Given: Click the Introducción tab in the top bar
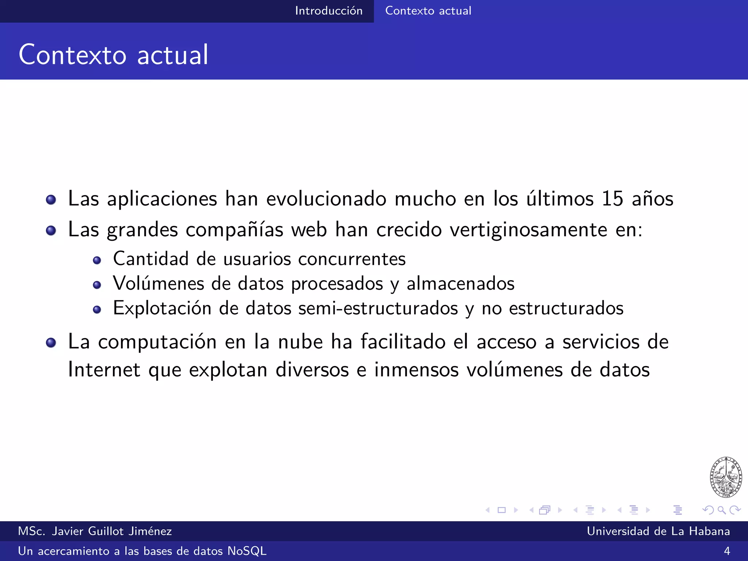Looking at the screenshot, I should pyautogui.click(x=329, y=11).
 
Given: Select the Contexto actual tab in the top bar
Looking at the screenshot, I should pyautogui.click(x=428, y=11).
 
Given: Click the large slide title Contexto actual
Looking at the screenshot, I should pyautogui.click(x=114, y=55).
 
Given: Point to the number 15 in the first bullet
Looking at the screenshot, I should pyautogui.click(x=612, y=199).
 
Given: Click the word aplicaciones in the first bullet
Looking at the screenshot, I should pyautogui.click(x=162, y=199).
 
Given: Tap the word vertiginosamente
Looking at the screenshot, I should pyautogui.click(x=528, y=230).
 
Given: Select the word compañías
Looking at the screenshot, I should pyautogui.click(x=234, y=230).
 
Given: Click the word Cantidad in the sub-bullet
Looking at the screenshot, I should pyautogui.click(x=151, y=259).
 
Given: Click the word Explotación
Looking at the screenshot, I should pyautogui.click(x=162, y=308).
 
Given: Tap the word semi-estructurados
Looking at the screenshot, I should pyautogui.click(x=378, y=308).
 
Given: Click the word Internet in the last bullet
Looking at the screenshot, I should pyautogui.click(x=104, y=370).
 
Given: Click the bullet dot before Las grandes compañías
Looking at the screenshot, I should pyautogui.click(x=51, y=230).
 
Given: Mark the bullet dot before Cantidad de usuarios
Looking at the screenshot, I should pyautogui.click(x=97, y=260).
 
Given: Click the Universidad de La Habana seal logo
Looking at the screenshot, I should pyautogui.click(x=726, y=477).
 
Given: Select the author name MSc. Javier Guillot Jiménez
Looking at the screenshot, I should pyautogui.click(x=95, y=531).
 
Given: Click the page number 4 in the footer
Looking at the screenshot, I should pyautogui.click(x=727, y=551).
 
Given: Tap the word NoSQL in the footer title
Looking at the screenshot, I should pyautogui.click(x=247, y=551).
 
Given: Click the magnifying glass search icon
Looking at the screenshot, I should pyautogui.click(x=721, y=510).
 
